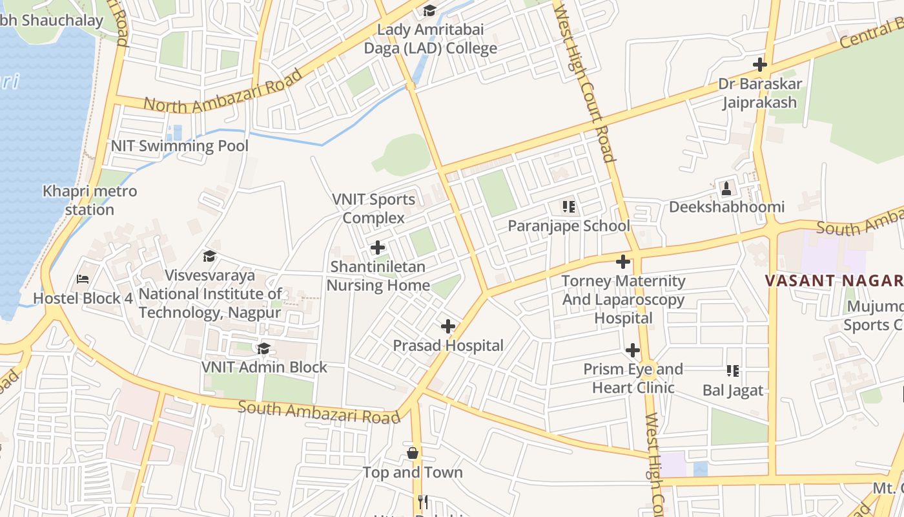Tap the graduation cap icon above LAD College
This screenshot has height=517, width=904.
click(429, 10)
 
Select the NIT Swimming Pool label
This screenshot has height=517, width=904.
click(180, 145)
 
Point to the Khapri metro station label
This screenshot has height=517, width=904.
click(90, 200)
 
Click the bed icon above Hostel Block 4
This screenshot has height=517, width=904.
click(83, 279)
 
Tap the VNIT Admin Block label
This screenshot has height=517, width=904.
click(264, 367)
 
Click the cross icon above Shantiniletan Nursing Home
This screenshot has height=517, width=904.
click(378, 248)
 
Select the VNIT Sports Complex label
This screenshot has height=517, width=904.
click(374, 208)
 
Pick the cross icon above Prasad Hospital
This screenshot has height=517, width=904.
click(447, 326)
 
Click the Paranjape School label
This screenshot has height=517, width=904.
click(568, 226)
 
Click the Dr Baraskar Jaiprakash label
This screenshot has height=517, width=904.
click(760, 93)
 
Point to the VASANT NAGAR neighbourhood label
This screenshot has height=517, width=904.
click(834, 280)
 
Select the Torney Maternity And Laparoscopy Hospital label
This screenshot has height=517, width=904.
click(623, 299)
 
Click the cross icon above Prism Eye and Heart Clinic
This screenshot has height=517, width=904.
click(633, 350)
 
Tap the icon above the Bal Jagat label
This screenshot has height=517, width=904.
click(733, 371)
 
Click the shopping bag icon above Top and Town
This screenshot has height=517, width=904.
click(413, 453)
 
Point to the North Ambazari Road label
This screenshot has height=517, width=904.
click(223, 91)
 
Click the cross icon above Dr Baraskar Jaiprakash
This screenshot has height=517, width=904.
click(760, 65)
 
